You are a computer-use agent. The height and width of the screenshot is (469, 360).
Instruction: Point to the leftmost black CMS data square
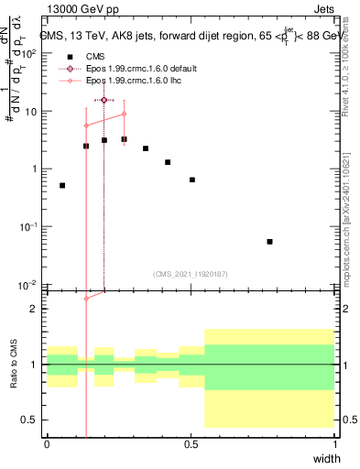tap(62, 185)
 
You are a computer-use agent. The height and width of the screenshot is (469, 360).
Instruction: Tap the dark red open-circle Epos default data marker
tap(104, 100)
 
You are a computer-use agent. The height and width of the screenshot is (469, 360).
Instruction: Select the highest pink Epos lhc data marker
tap(124, 114)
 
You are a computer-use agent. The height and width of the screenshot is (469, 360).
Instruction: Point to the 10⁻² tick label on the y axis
tap(29, 284)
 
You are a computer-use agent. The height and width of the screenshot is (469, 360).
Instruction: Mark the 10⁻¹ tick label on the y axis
tap(29, 226)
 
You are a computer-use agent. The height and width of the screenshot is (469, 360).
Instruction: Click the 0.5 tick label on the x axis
tap(191, 444)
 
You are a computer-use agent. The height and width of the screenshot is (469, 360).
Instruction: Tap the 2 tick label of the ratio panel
tap(37, 309)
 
